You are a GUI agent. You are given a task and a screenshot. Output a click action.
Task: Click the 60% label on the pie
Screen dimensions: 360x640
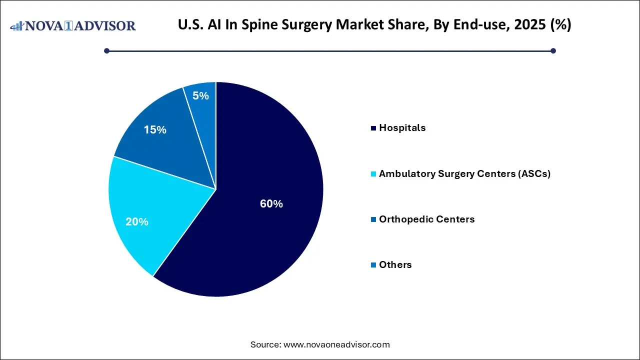[271, 204]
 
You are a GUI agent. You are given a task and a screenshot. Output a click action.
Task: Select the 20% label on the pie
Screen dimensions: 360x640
[136, 222]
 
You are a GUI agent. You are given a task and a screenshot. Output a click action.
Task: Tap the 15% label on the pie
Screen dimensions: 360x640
[155, 130]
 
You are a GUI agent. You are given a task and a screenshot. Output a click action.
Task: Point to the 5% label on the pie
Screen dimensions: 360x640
[200, 96]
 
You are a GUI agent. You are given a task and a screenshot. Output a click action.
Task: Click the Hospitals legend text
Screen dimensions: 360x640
[402, 128]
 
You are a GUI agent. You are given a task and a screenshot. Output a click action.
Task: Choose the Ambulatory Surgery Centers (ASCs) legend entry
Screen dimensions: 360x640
[464, 174]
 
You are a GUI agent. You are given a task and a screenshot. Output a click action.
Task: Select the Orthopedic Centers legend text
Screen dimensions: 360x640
[426, 219]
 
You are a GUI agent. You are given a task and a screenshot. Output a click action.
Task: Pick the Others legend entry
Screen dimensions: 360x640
[395, 265]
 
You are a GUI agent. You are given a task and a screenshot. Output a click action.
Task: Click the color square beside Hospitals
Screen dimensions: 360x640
[373, 128]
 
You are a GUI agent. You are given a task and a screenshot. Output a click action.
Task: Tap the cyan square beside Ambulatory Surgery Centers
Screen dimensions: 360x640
[373, 174]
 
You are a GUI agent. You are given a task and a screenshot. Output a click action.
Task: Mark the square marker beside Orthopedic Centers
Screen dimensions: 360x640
[373, 220]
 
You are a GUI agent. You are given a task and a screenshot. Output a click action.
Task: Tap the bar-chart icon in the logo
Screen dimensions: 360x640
[16, 25]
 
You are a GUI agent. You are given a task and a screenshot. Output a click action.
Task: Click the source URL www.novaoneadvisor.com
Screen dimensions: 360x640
[336, 344]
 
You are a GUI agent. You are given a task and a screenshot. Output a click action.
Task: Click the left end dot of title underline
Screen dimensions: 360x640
[106, 50]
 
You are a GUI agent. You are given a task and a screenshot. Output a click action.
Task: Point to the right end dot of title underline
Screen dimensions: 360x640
[553, 50]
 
